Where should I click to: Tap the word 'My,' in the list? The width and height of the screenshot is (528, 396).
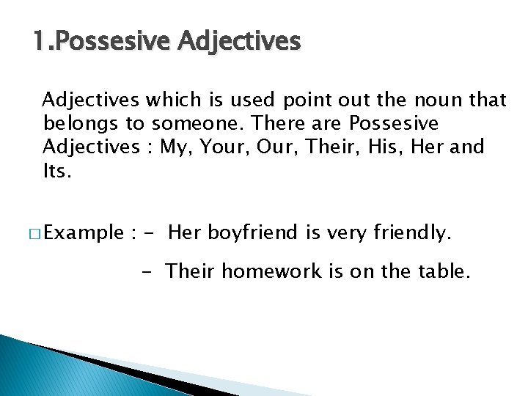tap(175, 147)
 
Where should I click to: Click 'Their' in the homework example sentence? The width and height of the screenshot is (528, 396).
tap(191, 271)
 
